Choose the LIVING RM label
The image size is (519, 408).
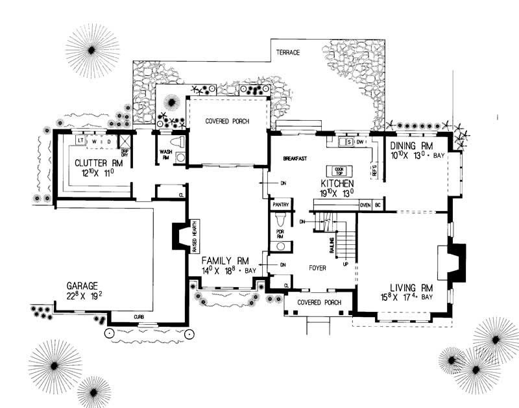411,287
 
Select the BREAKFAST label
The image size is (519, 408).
295,159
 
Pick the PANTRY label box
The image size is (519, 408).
280,205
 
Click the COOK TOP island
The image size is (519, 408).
338,170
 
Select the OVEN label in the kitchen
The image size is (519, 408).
365,205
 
